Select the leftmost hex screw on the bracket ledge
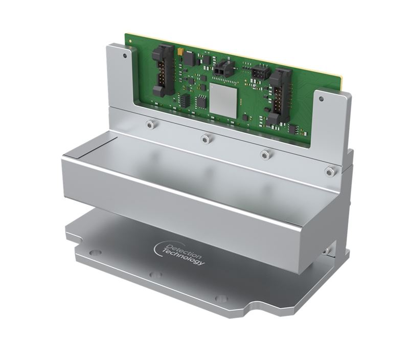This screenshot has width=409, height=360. (149, 124)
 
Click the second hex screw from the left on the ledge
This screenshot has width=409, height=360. (206, 138)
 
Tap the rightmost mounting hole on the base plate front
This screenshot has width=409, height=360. (221, 298)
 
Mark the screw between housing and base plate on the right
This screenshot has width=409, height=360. (326, 251)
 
